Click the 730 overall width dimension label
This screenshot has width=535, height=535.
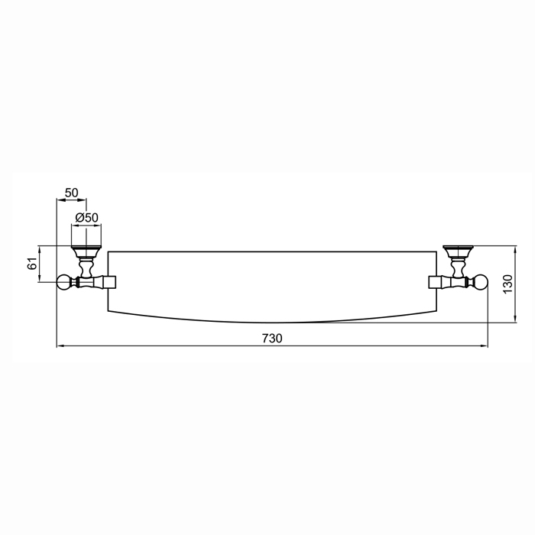coord(272,338)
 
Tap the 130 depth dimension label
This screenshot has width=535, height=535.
coord(507,284)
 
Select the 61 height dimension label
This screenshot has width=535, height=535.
coord(32,264)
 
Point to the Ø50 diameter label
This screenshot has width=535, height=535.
coord(86,217)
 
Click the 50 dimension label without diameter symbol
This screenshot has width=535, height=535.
coord(72,193)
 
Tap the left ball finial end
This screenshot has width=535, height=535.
coord(63,282)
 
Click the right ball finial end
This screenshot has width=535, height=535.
coord(481,282)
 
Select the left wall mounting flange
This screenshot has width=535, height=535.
coord(86,251)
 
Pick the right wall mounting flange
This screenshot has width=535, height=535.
coord(459,251)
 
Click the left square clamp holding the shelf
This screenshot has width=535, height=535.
coord(110,282)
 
